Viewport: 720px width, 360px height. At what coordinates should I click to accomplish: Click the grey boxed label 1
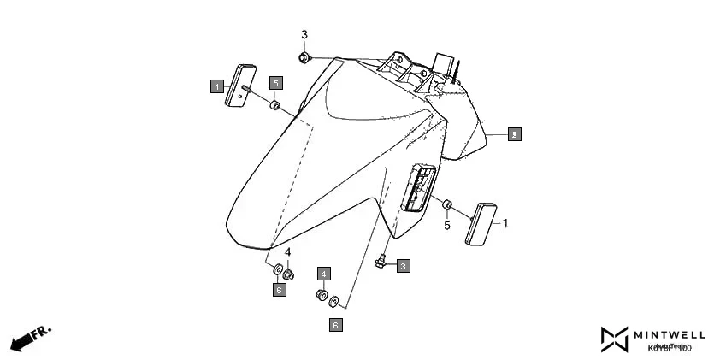pyautogui.click(x=218, y=86)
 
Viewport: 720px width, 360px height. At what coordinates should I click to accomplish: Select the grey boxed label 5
pyautogui.click(x=275, y=83)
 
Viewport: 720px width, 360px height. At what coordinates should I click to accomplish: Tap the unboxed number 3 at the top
pyautogui.click(x=304, y=34)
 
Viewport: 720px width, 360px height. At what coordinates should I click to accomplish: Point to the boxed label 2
pyautogui.click(x=514, y=134)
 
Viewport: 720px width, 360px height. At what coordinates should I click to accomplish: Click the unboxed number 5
pyautogui.click(x=446, y=226)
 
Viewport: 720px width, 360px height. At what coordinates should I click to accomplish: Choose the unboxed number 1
pyautogui.click(x=505, y=223)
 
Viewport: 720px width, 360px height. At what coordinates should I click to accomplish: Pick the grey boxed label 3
pyautogui.click(x=403, y=266)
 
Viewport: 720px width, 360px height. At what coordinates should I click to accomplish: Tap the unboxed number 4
pyautogui.click(x=288, y=252)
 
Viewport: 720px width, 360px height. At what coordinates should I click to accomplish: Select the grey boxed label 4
pyautogui.click(x=324, y=274)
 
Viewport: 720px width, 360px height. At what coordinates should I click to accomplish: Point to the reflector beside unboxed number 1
pyautogui.click(x=481, y=224)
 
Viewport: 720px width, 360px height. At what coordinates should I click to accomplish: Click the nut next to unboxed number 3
pyautogui.click(x=304, y=57)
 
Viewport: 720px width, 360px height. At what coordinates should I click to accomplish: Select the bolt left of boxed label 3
pyautogui.click(x=381, y=261)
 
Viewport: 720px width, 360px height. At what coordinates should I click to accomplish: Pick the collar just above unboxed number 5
pyautogui.click(x=446, y=204)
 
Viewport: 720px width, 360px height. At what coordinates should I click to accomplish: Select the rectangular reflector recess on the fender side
pyautogui.click(x=417, y=187)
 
